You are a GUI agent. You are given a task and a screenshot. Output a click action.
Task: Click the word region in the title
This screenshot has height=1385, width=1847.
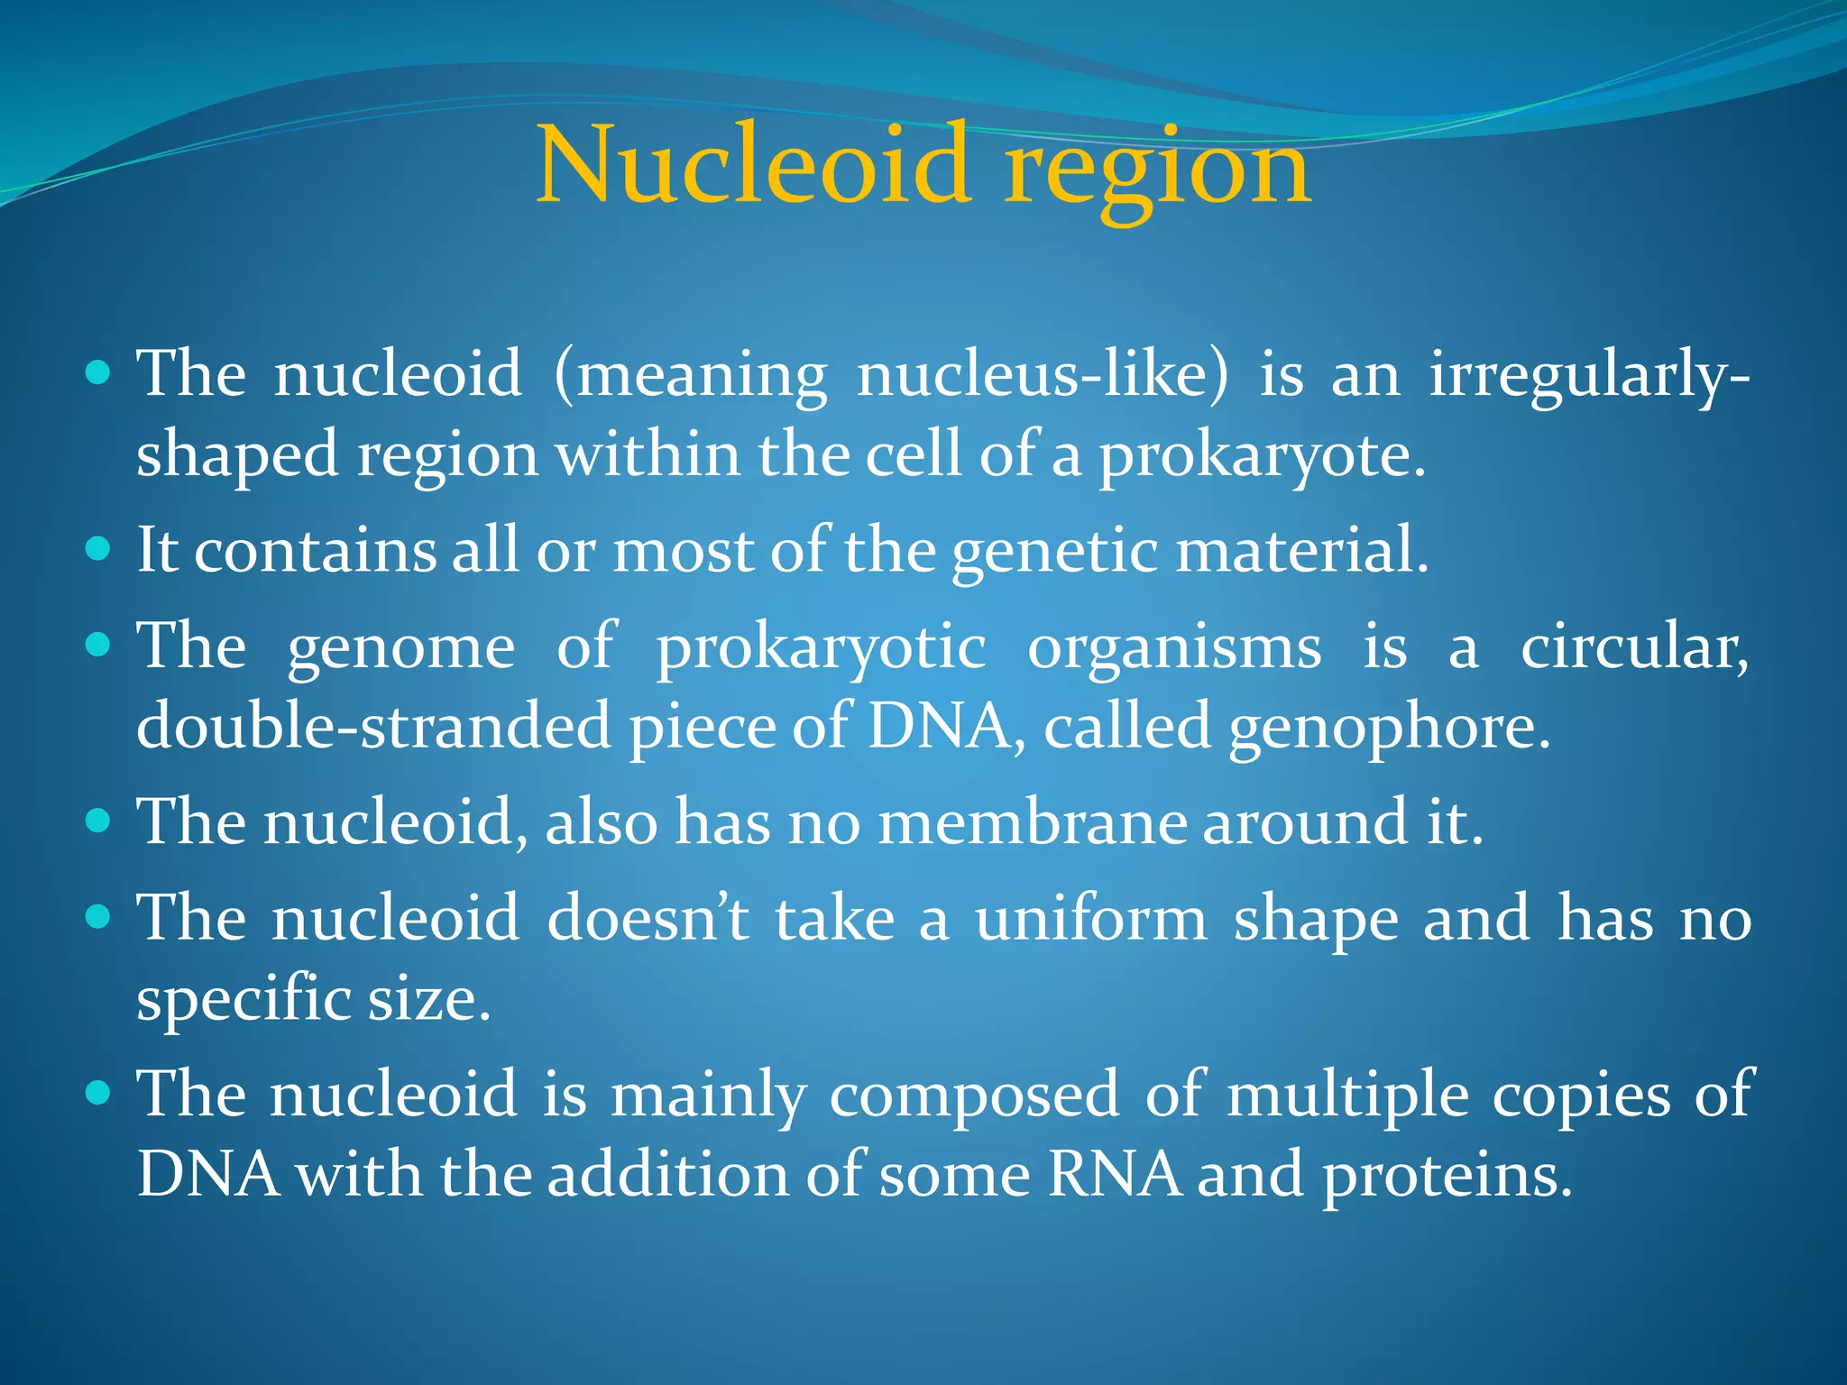[1158, 171]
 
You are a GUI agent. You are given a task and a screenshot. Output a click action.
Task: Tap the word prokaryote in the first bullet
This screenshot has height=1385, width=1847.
[1261, 456]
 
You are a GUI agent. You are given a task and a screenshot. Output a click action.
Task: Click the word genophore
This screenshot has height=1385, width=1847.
[1389, 729]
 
